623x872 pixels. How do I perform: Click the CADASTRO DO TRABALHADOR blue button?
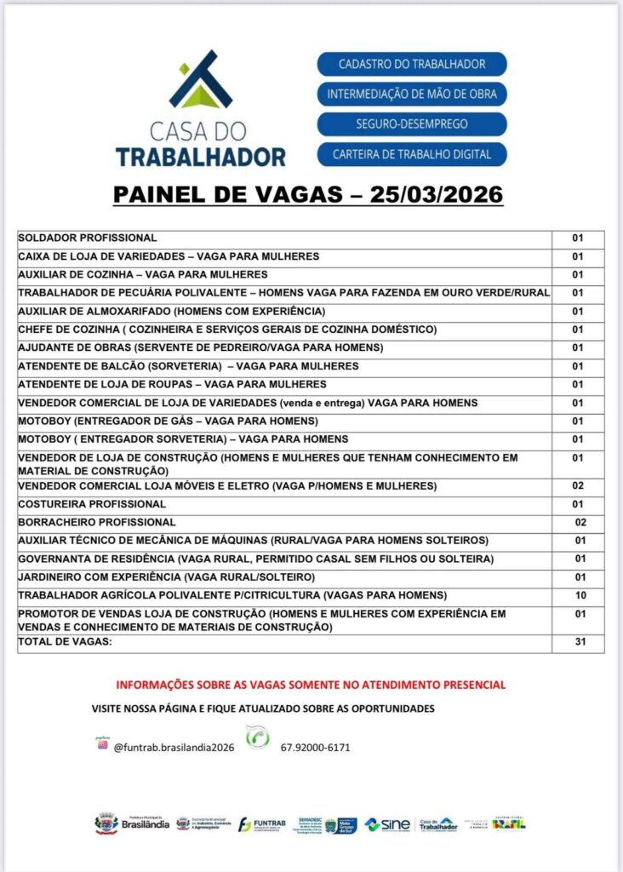tap(412, 64)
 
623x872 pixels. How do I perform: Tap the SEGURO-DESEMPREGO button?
tap(412, 123)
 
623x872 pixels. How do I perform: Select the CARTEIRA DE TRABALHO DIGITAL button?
tap(412, 154)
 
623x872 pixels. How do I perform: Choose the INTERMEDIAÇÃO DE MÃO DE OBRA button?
tap(412, 94)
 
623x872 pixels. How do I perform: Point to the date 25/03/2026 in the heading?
tap(437, 195)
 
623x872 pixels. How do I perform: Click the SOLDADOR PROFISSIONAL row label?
tap(88, 238)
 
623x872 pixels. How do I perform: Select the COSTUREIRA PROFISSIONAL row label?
tap(92, 504)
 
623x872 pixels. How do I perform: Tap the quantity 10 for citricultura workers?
tap(580, 595)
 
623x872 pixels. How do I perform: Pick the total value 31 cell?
tap(579, 642)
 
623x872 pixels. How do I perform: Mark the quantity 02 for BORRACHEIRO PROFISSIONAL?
tap(581, 522)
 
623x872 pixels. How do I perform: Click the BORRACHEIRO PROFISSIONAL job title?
tap(97, 522)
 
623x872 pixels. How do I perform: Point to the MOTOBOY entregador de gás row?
tap(169, 422)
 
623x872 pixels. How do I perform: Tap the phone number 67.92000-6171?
tap(315, 748)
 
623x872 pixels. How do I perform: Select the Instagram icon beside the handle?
tap(103, 745)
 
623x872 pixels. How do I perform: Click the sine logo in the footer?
tap(388, 824)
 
